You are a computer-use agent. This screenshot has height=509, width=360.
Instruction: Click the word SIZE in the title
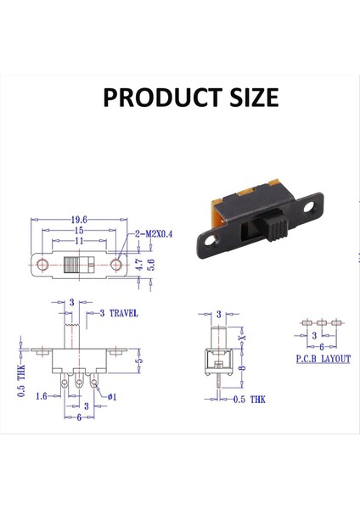pyautogui.click(x=255, y=97)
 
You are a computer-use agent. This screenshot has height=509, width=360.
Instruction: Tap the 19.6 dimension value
pyautogui.click(x=79, y=220)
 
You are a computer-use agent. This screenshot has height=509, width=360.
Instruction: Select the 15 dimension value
pyautogui.click(x=79, y=231)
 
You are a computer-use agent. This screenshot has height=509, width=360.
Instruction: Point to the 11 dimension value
pyautogui.click(x=79, y=241)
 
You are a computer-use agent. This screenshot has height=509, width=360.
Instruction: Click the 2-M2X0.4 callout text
pyautogui.click(x=154, y=234)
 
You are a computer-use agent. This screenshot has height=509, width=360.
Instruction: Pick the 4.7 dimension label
pyautogui.click(x=139, y=265)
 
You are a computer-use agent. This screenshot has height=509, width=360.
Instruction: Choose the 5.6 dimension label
pyautogui.click(x=151, y=265)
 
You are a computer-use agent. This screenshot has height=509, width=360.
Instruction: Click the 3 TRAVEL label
pyautogui.click(x=119, y=313)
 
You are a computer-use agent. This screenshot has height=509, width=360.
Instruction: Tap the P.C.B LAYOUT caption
pyautogui.click(x=323, y=359)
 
